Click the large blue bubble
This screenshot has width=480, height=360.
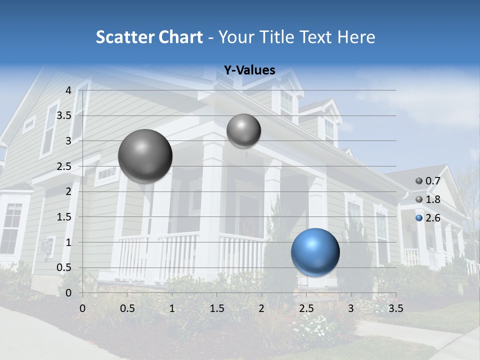point(315,252)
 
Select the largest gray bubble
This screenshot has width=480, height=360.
point(145,156)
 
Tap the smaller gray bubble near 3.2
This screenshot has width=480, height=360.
point(243,130)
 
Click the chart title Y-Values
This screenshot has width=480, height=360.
point(249,70)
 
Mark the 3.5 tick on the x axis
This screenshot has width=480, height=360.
point(395,308)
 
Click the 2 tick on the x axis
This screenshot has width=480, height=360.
point(261,308)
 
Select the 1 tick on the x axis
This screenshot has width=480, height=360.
point(172,308)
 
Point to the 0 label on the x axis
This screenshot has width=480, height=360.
point(83,308)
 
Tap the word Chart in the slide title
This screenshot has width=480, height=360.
point(180,37)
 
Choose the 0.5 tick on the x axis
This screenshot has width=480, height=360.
point(127,308)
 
